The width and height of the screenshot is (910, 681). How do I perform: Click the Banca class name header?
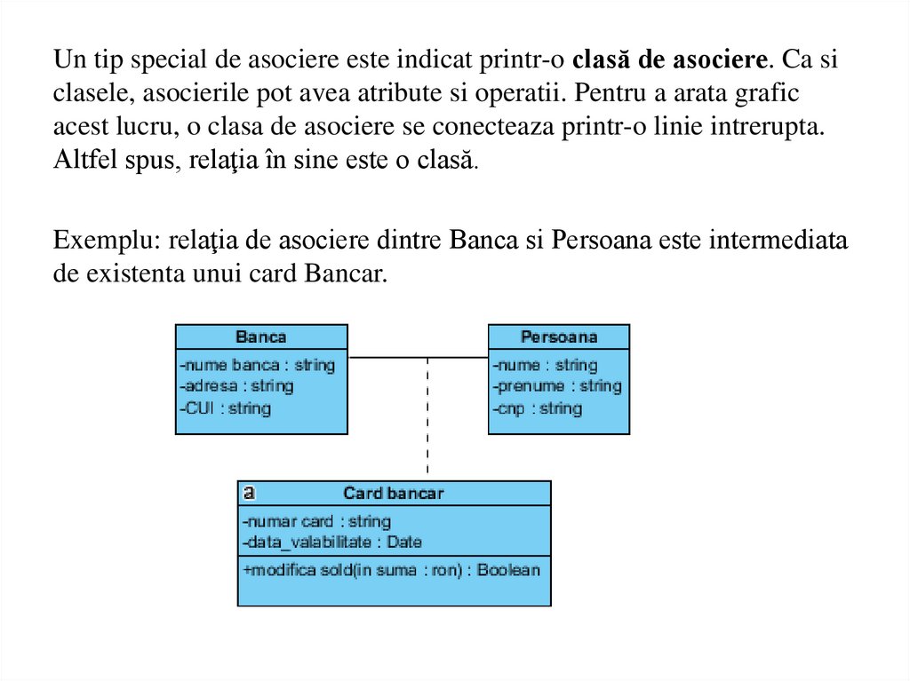point(261,337)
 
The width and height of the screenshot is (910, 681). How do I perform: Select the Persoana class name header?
point(559,337)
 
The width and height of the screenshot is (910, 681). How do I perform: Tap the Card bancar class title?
point(394,493)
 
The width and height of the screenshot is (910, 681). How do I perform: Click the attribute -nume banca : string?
point(257,365)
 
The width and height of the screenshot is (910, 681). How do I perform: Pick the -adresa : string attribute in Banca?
point(236,386)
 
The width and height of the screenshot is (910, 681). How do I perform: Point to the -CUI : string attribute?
point(226,408)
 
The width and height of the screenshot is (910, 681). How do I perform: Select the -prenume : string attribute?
point(557,386)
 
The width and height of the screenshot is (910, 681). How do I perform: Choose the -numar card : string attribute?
point(316,521)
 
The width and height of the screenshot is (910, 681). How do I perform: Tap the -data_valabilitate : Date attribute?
point(331,542)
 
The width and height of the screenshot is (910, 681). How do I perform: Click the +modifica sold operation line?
point(391,570)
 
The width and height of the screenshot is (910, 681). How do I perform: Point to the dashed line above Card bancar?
point(427,417)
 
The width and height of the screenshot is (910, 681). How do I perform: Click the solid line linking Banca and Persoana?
point(418,357)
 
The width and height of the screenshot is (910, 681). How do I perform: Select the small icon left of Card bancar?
point(249,492)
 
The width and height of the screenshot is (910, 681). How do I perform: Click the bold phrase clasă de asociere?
point(669,60)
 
